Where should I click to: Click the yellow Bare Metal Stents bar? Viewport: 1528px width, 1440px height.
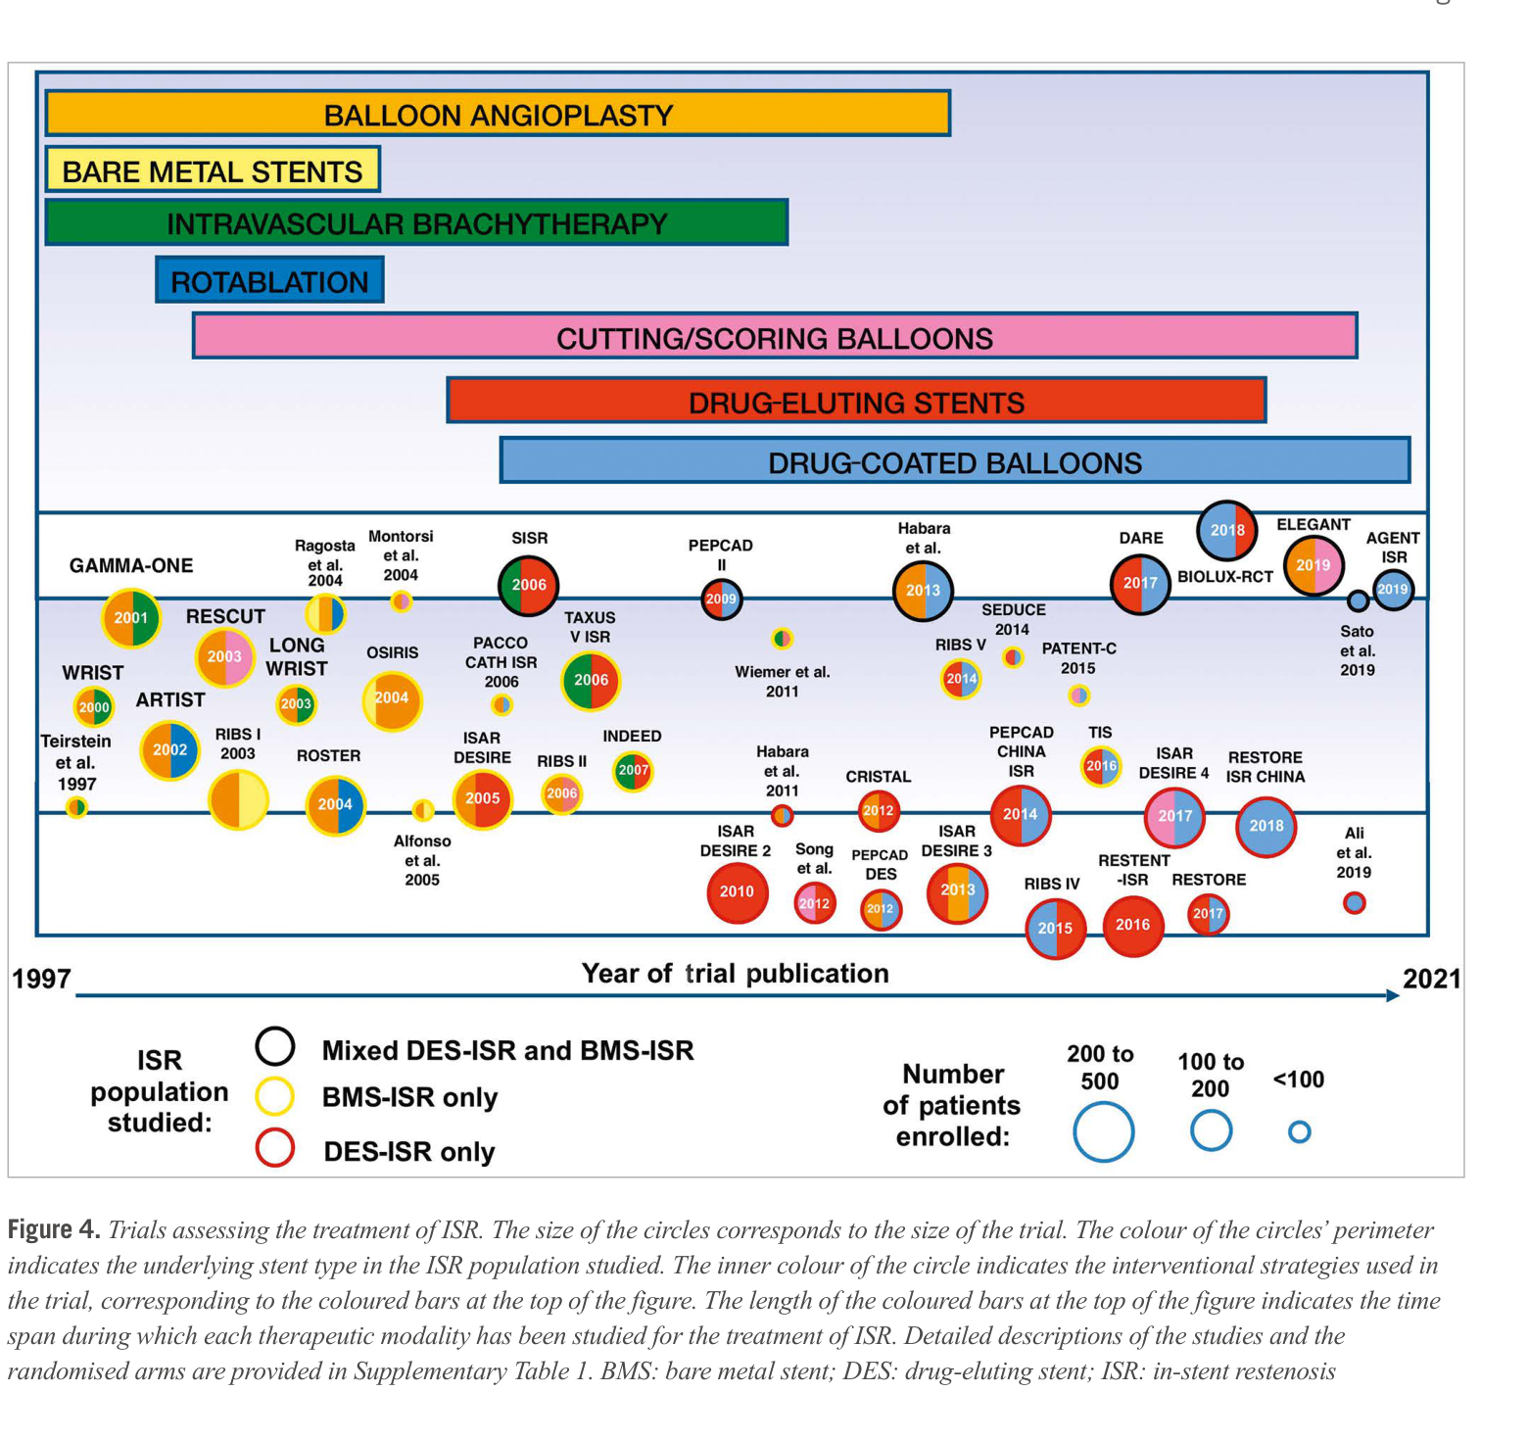tap(213, 170)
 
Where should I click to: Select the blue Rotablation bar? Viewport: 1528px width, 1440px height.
tap(269, 281)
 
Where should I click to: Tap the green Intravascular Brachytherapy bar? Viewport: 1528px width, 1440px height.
tap(416, 223)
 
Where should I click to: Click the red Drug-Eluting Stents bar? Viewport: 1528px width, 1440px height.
tap(856, 402)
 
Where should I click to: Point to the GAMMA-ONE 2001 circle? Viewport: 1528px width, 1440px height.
tap(131, 618)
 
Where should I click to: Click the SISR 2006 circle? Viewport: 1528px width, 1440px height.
tap(529, 585)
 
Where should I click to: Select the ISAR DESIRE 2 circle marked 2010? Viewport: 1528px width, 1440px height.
tap(737, 891)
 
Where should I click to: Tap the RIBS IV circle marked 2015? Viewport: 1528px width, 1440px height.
tap(1055, 929)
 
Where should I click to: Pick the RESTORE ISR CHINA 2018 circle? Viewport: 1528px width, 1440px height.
tap(1265, 826)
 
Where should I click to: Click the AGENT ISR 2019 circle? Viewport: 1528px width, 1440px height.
tap(1392, 590)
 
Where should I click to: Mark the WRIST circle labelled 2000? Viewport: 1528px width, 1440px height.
tap(94, 707)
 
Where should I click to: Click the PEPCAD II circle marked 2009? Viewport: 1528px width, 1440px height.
tap(721, 599)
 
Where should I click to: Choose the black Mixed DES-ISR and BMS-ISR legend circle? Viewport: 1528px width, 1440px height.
tap(275, 1046)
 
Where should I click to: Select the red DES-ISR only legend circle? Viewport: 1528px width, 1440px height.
tap(275, 1148)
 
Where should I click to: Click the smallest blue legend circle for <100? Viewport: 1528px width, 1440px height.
tap(1299, 1132)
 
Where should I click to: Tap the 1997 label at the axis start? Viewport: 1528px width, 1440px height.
tap(41, 979)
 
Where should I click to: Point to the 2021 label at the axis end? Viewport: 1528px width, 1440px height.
tap(1431, 979)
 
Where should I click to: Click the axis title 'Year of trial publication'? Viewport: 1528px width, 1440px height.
tap(735, 974)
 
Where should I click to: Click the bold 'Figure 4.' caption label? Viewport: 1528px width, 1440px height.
tap(54, 1229)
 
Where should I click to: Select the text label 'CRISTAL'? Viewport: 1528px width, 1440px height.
tap(878, 777)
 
